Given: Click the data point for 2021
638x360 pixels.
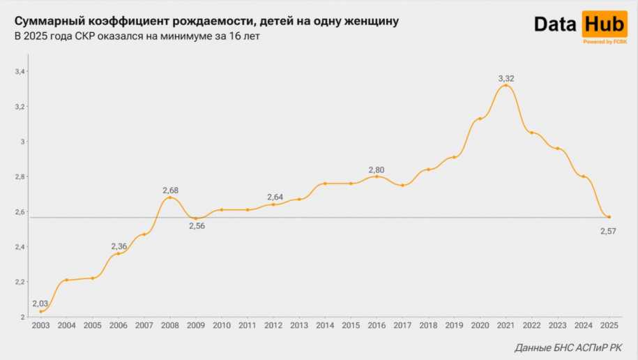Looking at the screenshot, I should (x=506, y=86).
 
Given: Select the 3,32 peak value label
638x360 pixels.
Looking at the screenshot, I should (x=506, y=78).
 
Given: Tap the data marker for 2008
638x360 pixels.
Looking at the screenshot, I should (x=170, y=197).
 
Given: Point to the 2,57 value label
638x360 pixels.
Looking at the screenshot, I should (x=609, y=231).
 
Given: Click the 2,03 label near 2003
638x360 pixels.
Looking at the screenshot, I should (x=40, y=303).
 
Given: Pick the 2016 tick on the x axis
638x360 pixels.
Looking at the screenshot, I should (x=377, y=325).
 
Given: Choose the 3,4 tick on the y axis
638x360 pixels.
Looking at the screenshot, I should (x=20, y=72).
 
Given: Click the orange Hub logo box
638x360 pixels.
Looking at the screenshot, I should (x=604, y=24).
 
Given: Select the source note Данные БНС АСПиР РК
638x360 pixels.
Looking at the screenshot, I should (x=568, y=347).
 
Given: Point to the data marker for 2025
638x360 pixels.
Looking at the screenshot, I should (x=609, y=217).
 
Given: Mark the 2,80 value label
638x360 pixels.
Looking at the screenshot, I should (x=377, y=170).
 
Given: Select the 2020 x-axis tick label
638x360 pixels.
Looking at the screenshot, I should (x=480, y=325).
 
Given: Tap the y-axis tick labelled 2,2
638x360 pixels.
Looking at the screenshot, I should (x=20, y=282).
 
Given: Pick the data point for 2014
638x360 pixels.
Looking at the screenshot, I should (x=325, y=183).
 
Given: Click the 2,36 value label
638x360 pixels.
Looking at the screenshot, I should (x=119, y=246).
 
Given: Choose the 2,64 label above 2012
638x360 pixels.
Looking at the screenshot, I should (x=274, y=197).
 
